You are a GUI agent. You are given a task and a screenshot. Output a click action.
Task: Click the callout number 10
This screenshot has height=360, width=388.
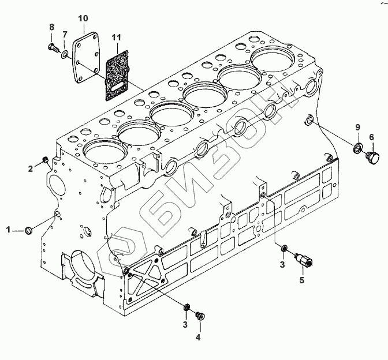83,18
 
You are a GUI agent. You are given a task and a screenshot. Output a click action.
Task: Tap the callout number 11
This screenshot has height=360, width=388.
116,37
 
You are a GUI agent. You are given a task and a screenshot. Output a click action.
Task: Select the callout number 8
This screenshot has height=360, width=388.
51,27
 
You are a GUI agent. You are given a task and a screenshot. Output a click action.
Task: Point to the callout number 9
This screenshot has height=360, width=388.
358,127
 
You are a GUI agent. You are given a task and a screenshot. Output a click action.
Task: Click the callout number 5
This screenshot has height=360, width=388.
301,280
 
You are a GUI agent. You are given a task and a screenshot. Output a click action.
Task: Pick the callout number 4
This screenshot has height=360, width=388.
197,337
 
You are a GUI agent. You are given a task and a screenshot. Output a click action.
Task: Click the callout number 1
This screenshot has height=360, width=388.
9,230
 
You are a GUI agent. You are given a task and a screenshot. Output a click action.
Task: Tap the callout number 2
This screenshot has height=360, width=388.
30,169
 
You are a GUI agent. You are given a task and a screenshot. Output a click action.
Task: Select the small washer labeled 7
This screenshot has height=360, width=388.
65,54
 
